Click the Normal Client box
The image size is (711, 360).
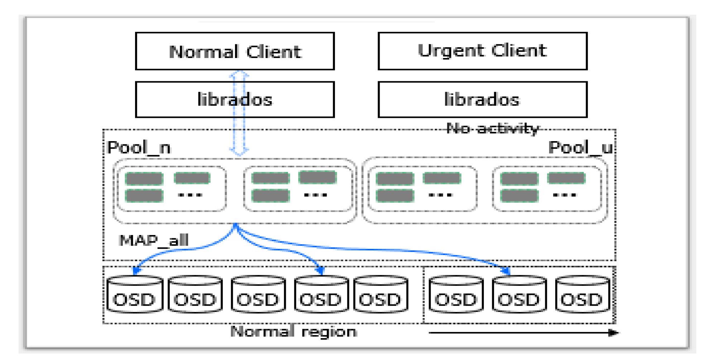(235, 51)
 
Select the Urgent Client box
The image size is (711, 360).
(482, 51)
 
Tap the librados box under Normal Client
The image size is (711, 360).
(235, 99)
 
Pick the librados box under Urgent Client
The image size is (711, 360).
(482, 99)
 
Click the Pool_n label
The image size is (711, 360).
(139, 147)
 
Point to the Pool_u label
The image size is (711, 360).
(580, 147)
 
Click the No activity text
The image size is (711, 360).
(492, 128)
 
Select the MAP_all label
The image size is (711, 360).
(154, 240)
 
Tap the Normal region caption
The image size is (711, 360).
(294, 332)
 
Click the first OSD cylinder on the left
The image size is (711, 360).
(135, 294)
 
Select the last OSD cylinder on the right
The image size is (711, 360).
(582, 294)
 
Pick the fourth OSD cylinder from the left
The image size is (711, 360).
(321, 294)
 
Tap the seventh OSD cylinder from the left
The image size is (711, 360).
(519, 294)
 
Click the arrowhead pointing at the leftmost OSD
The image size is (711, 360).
(136, 270)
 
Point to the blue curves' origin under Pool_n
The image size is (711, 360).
(235, 225)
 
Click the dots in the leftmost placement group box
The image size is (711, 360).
(190, 195)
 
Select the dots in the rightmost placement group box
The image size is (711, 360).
(565, 195)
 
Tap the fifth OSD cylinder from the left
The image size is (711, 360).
(380, 294)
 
